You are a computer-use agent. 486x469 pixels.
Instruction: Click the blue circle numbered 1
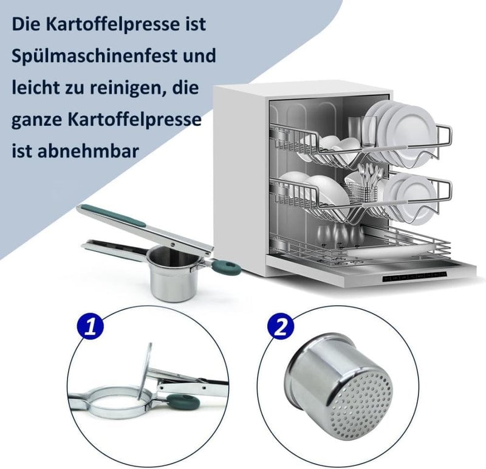tap(91, 326)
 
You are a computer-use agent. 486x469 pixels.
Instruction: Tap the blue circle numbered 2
tap(281, 326)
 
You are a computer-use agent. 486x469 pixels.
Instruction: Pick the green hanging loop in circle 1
tap(183, 402)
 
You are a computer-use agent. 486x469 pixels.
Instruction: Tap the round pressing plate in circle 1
tap(145, 371)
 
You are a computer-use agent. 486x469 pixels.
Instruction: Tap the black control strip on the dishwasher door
tap(415, 276)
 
